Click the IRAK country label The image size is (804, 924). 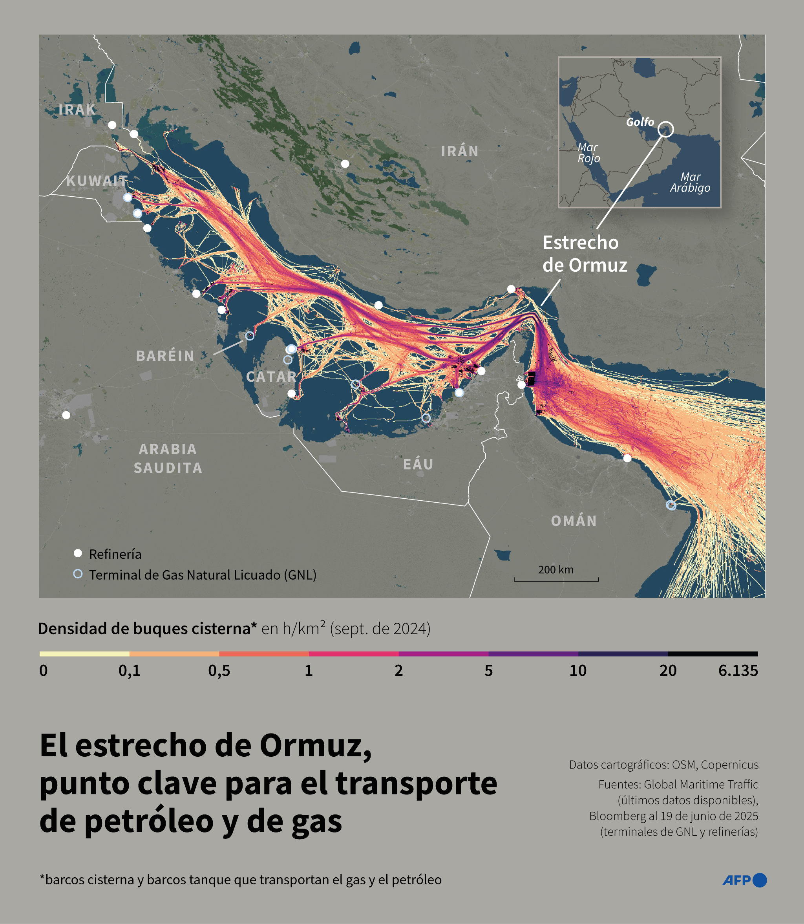coord(77,110)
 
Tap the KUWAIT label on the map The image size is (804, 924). coord(97,181)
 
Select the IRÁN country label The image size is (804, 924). coord(459,151)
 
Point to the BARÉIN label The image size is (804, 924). coord(165,356)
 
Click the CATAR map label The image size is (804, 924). coord(271,377)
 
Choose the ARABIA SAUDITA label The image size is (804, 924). coord(168,458)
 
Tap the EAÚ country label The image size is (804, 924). coord(418,464)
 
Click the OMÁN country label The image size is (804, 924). coord(574,521)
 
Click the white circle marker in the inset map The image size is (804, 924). coord(665,129)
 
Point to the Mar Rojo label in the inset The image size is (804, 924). coord(588,153)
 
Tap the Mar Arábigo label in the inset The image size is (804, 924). coord(690,182)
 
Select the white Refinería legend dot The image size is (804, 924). coord(78,553)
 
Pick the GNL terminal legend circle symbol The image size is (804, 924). coord(78,574)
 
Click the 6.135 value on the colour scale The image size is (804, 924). coord(738,671)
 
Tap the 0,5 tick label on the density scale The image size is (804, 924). coord(219,671)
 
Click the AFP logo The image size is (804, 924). coord(744,880)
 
